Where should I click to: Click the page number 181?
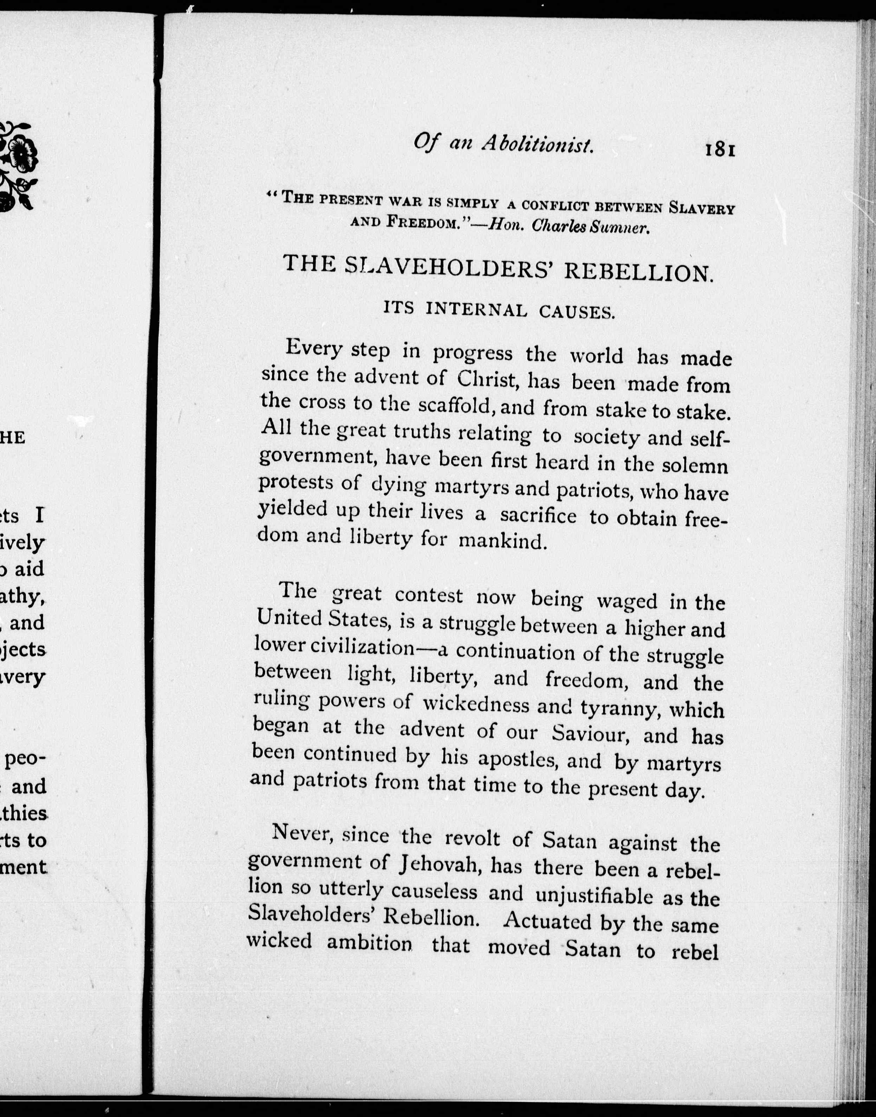click(x=721, y=149)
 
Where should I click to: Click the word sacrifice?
click(x=538, y=516)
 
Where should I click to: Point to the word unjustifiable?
click(x=595, y=896)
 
